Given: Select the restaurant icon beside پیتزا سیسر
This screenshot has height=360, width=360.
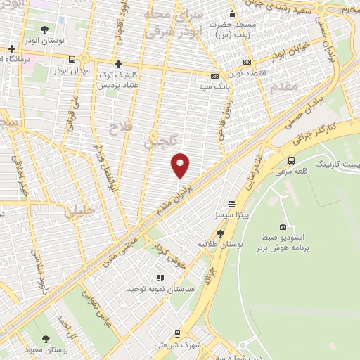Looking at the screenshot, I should (x=221, y=203).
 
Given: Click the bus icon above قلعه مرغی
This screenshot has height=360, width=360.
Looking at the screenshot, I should (x=292, y=160).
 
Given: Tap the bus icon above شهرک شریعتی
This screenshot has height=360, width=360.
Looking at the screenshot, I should (x=177, y=334).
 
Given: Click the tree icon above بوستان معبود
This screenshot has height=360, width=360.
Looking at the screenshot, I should (x=46, y=338).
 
